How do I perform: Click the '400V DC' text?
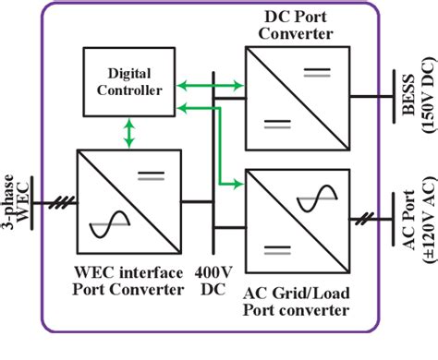point(213,281)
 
